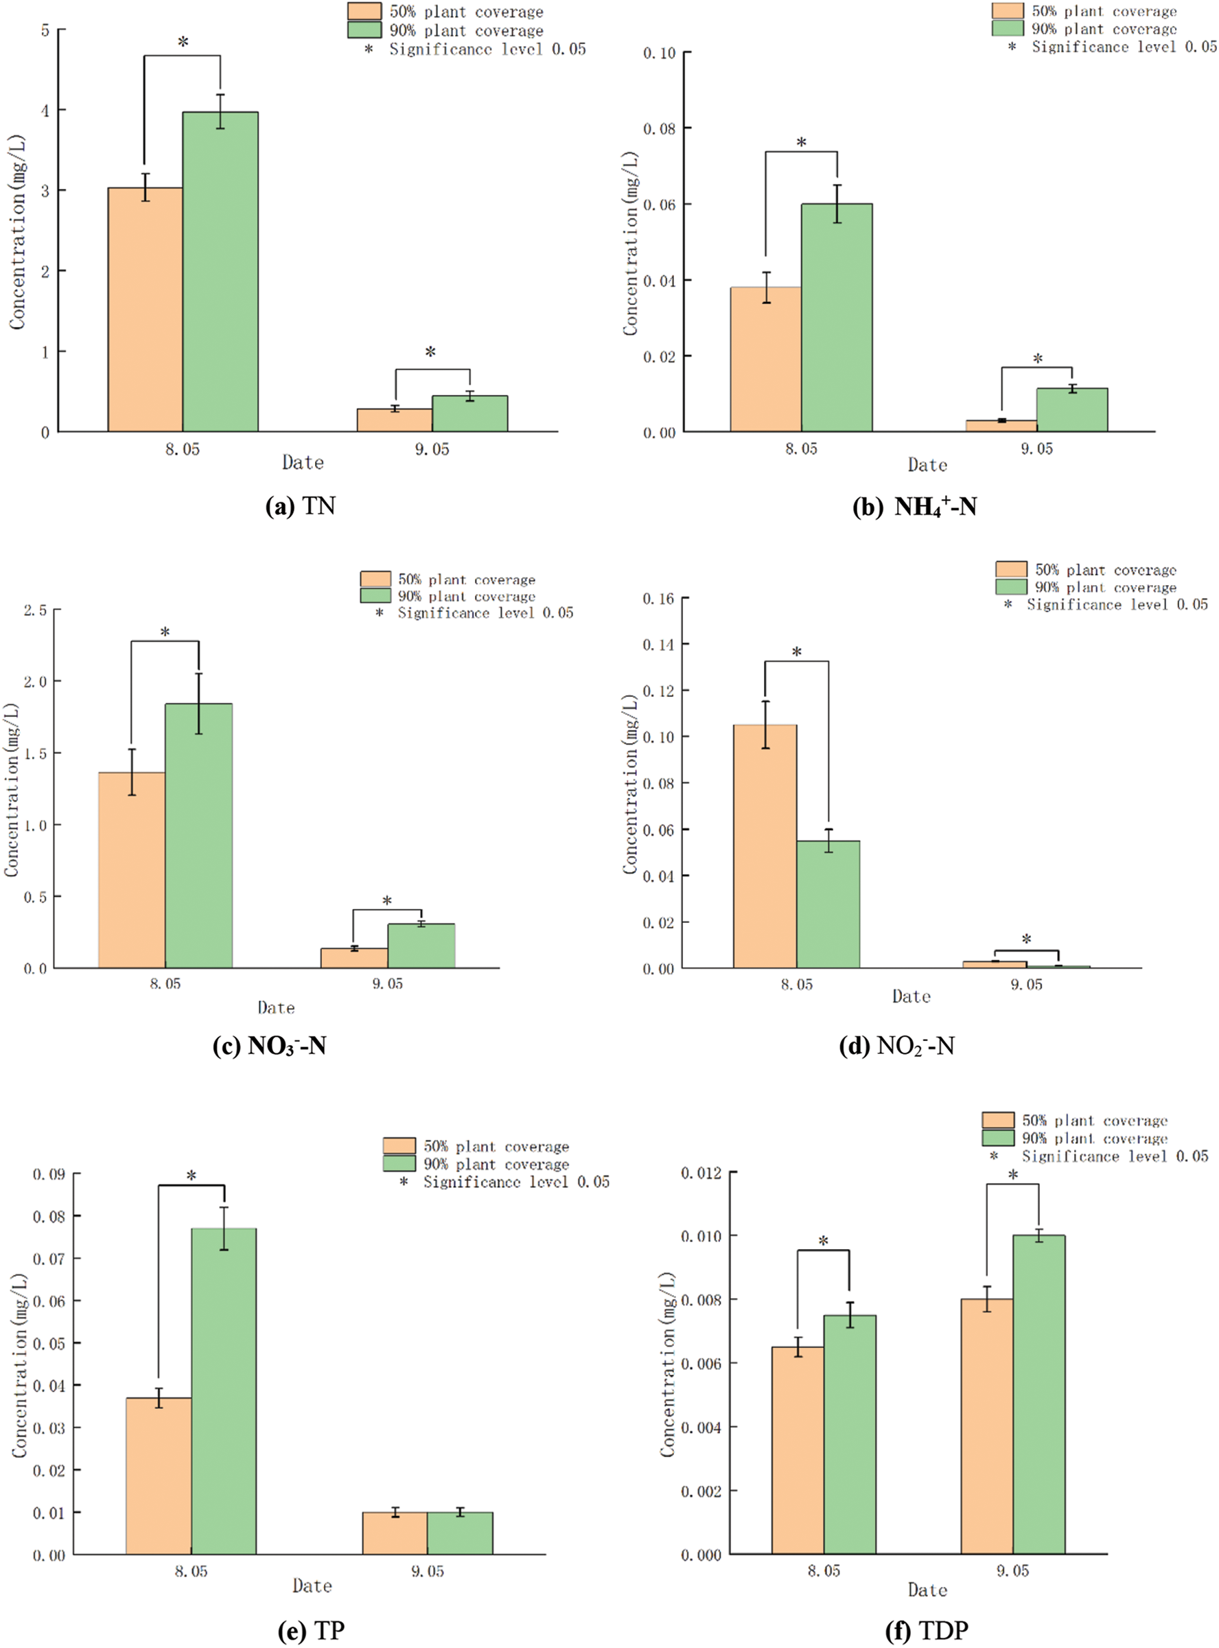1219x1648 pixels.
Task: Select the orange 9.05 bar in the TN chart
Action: coord(394,420)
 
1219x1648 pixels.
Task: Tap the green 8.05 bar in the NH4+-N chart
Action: coord(836,317)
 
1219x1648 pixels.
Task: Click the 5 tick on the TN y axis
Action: coord(46,30)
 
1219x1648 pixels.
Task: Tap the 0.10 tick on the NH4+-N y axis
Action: coord(659,53)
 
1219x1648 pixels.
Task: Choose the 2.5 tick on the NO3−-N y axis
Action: coord(36,610)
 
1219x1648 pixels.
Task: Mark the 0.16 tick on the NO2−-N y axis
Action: coord(658,598)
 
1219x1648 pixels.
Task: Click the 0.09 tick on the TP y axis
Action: coord(49,1174)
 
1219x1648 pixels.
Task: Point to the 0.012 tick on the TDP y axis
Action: coord(701,1173)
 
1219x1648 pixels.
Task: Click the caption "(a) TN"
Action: coord(301,506)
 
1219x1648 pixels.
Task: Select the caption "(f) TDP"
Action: coord(926,1629)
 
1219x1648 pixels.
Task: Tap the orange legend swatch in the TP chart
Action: coord(399,1146)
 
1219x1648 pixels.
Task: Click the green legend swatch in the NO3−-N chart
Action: coord(375,595)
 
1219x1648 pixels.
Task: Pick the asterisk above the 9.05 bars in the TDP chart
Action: coord(1012,1175)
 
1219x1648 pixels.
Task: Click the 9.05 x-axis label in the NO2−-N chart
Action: coord(1025,985)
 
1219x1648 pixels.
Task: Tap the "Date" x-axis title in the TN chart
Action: coord(303,463)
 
